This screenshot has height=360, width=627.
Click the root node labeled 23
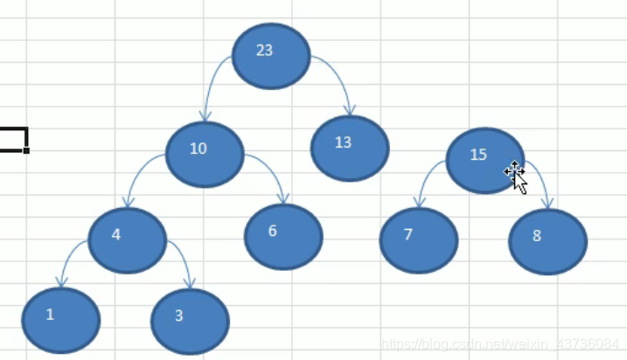tap(271, 56)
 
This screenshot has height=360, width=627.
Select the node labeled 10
tap(204, 155)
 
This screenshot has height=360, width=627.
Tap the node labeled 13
tap(349, 148)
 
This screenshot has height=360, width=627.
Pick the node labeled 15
tap(484, 160)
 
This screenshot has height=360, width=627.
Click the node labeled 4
tap(127, 239)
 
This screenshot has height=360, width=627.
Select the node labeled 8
tap(547, 242)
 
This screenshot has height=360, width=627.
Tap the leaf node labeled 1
tap(61, 320)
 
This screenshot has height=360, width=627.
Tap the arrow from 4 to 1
tap(67, 255)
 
